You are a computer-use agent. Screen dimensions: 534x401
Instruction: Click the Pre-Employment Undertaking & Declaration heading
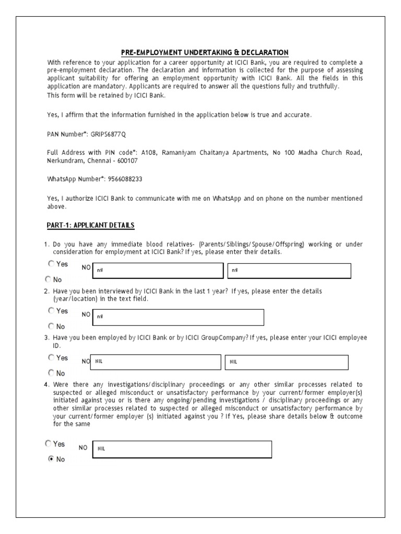205,52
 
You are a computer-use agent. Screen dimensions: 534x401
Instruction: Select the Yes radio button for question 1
51,264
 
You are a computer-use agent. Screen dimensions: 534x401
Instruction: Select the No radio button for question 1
48,279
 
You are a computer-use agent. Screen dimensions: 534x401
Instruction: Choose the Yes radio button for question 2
51,311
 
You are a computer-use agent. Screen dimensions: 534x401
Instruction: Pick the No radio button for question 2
51,326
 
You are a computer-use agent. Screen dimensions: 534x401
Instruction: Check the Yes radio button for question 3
51,358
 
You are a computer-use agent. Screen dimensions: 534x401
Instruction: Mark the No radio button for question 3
51,373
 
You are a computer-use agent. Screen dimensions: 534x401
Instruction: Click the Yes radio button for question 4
48,444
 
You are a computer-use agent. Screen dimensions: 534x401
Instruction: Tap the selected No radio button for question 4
51,459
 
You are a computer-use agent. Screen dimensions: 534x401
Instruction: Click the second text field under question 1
289,271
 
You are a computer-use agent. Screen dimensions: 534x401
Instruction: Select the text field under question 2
178,317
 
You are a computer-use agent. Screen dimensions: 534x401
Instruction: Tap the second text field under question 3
287,362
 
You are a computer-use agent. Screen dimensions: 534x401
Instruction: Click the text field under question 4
182,449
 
